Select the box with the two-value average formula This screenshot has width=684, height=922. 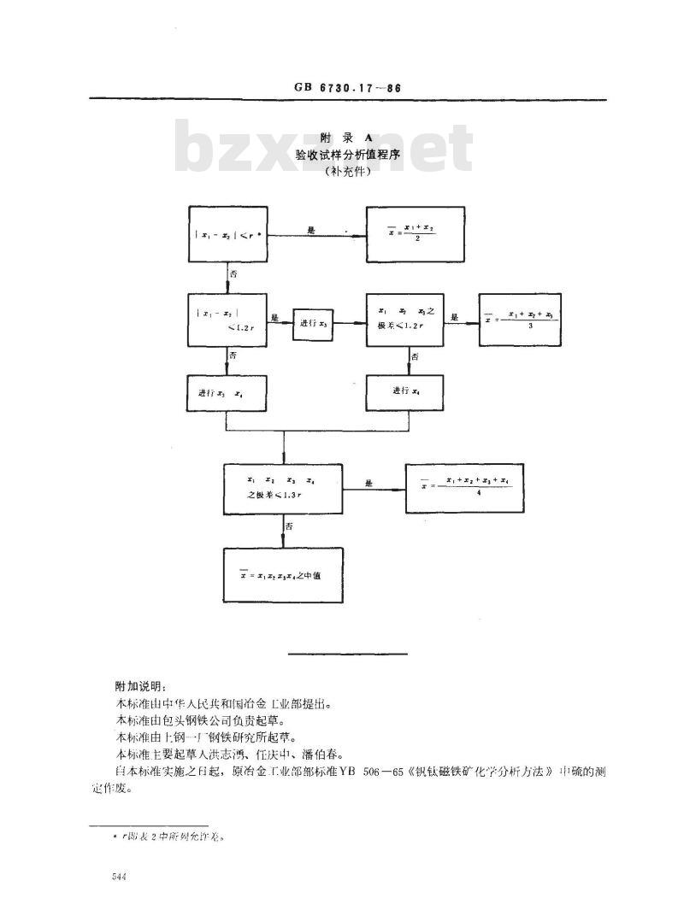(415, 233)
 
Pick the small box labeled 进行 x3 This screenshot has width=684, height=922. (311, 322)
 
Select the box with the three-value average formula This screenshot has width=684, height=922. (520, 320)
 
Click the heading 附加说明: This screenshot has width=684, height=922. (142, 686)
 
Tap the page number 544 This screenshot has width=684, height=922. (119, 878)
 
